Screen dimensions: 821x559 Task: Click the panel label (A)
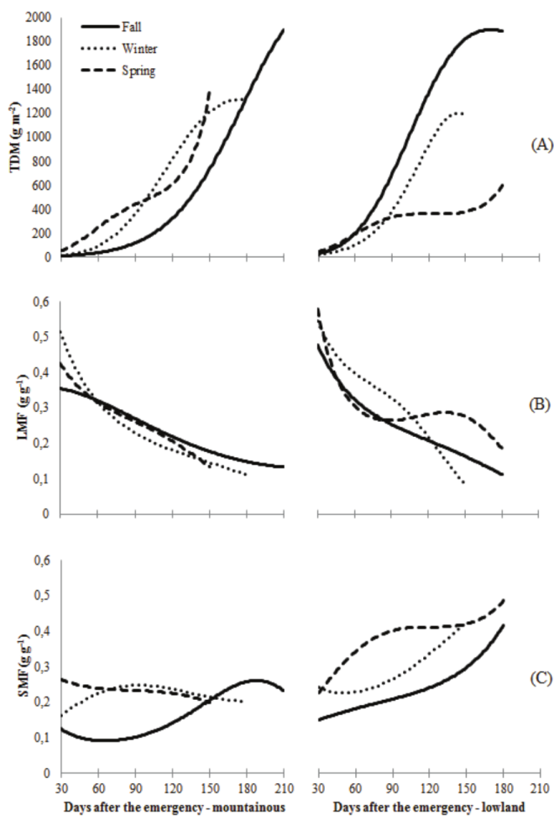click(538, 145)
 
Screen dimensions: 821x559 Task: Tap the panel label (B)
click(538, 404)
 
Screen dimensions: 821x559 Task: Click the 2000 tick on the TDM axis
click(39, 18)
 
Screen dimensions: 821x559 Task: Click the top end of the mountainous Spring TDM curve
click(209, 91)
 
